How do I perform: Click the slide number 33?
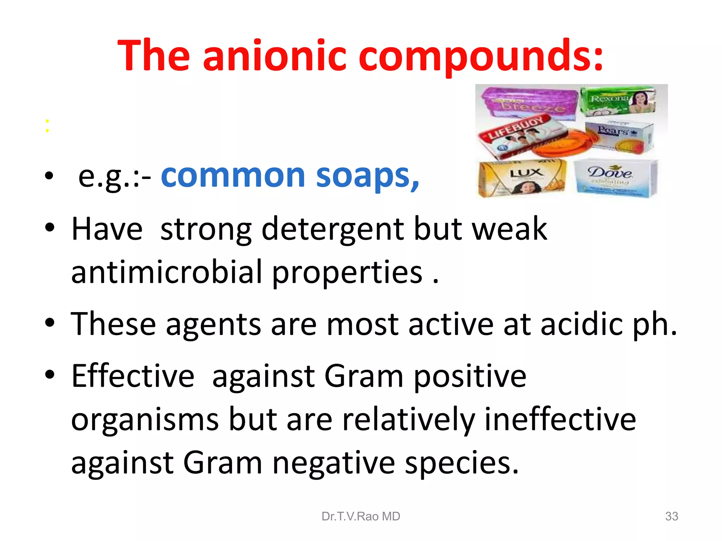tap(671, 516)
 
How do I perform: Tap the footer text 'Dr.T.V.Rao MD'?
tap(361, 516)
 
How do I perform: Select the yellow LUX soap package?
tap(522, 178)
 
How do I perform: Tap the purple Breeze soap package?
tap(527, 102)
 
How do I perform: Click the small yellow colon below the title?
tap(47, 126)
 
